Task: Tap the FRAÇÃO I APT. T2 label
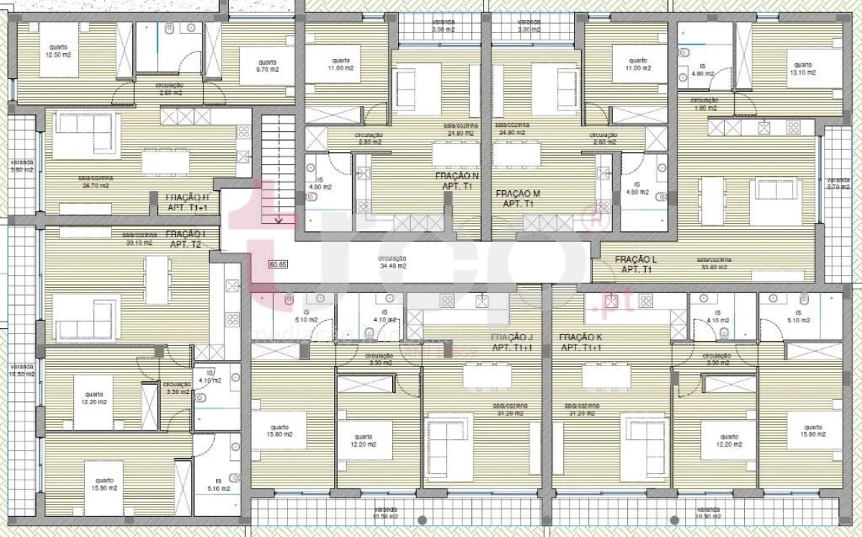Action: tap(186, 238)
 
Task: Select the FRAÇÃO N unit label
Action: tap(457, 181)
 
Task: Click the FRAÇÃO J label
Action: tap(512, 342)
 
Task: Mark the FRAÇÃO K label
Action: tap(580, 342)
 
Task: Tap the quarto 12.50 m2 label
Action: tap(58, 51)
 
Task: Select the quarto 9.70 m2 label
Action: tap(267, 66)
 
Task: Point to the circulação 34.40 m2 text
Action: tap(393, 262)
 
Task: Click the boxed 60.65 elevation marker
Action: tap(278, 263)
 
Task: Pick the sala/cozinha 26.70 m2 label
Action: tap(95, 181)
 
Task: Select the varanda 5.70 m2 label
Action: tap(838, 183)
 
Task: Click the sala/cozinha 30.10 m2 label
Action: tap(138, 239)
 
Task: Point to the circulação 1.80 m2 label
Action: tap(704, 103)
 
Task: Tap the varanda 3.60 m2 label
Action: tap(22, 166)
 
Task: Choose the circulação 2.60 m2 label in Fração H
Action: tap(169, 89)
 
